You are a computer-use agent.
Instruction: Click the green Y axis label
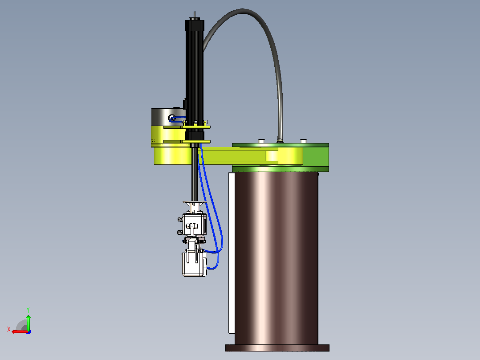click(x=28, y=310)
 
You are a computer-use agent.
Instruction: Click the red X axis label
click(x=9, y=329)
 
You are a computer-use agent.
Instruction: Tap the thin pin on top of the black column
click(x=195, y=15)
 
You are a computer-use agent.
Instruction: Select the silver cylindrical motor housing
click(x=168, y=117)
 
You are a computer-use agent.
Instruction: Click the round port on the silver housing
click(x=172, y=118)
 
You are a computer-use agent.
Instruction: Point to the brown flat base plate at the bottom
click(x=277, y=348)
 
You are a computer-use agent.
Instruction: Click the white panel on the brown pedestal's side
click(x=232, y=253)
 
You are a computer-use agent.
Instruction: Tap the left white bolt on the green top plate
click(x=261, y=141)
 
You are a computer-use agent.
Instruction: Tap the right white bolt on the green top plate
click(x=303, y=141)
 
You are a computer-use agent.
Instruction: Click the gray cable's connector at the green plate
click(x=279, y=141)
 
